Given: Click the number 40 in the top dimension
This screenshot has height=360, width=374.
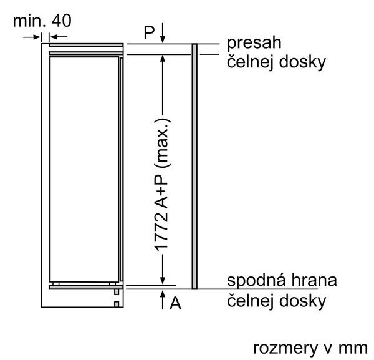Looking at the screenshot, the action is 61,21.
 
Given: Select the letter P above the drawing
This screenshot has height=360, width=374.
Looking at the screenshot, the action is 150,32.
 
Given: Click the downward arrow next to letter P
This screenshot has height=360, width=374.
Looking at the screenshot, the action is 163,33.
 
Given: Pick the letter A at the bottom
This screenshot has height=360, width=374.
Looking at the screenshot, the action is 175,303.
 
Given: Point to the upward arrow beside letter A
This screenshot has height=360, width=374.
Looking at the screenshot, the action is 163,300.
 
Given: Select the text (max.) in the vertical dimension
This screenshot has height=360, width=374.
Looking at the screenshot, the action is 163,143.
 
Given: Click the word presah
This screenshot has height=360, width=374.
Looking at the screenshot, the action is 254,44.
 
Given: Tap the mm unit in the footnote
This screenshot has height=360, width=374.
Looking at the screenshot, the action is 353,348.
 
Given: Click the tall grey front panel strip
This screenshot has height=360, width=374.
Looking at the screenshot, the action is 194,167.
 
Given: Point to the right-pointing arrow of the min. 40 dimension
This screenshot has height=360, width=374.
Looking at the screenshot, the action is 32,37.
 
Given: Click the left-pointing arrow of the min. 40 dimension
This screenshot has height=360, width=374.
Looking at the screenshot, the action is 58,37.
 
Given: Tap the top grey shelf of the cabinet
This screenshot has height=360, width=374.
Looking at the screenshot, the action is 86,46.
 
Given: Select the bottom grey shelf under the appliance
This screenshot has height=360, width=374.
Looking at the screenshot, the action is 86,287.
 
